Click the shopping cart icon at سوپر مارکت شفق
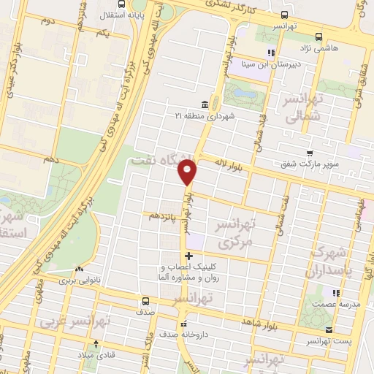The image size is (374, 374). point(310,153)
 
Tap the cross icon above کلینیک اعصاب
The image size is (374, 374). point(189,256)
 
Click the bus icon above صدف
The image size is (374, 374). point(145,301)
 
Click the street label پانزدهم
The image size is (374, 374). point(163,217)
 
